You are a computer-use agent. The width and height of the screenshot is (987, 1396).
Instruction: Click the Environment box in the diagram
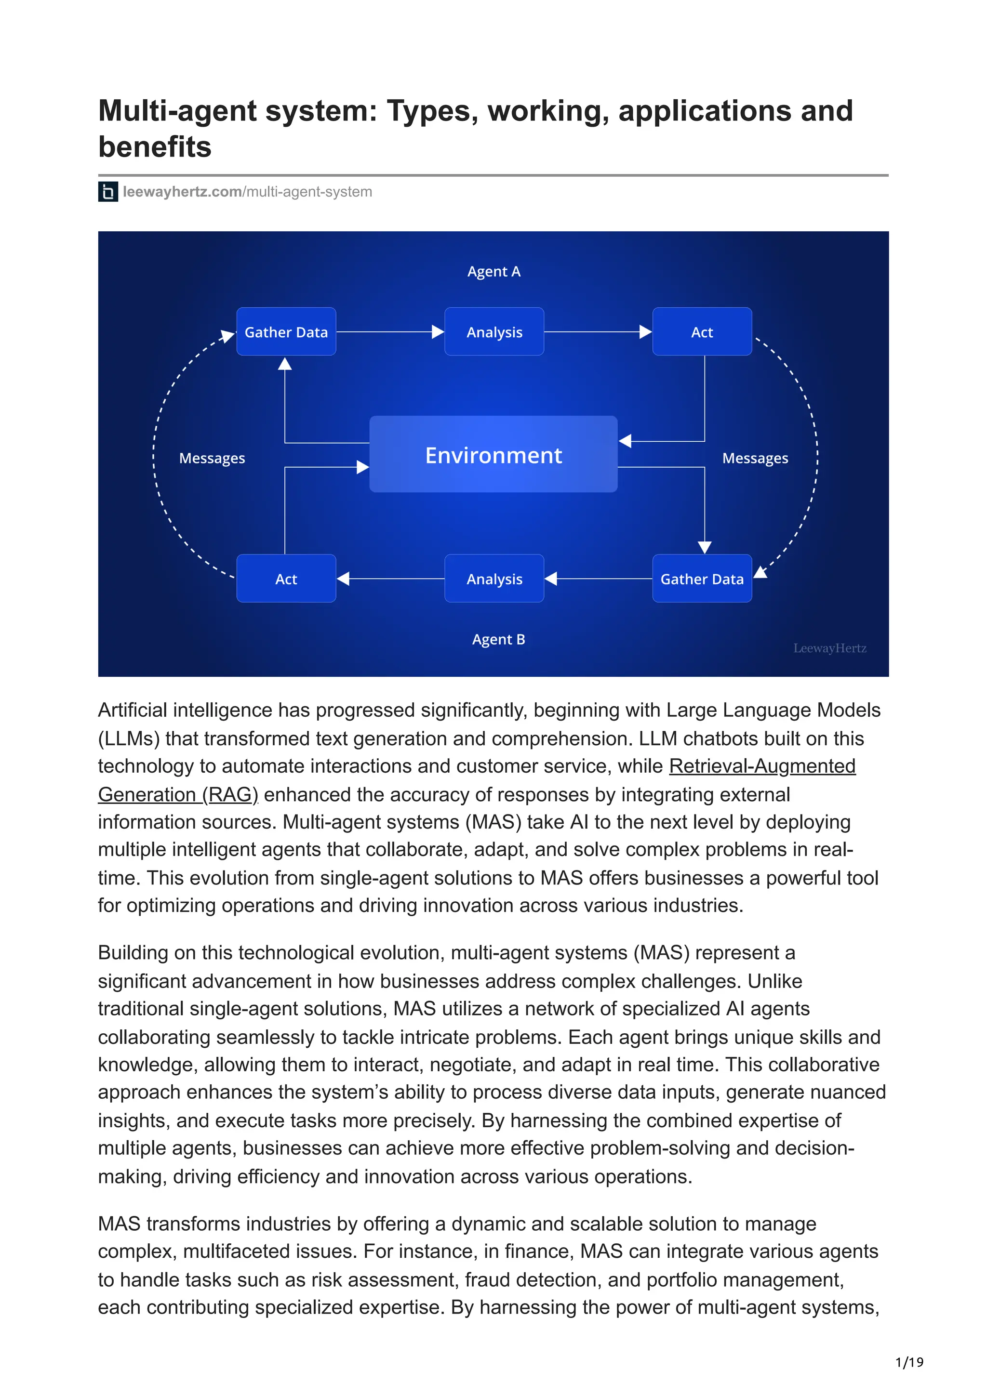[493, 454]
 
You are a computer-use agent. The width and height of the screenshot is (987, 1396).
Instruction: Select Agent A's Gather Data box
[286, 332]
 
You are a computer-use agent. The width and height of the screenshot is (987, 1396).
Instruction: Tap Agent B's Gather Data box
[702, 579]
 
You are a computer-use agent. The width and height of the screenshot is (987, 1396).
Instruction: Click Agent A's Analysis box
[494, 332]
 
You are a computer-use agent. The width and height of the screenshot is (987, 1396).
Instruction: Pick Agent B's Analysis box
[494, 579]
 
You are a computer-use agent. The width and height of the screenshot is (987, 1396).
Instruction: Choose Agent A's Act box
[702, 332]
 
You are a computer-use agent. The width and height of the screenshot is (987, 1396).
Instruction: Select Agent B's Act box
[286, 579]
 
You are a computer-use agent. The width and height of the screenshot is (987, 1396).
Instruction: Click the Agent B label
[498, 640]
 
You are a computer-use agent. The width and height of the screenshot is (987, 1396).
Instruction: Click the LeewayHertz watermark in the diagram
[829, 648]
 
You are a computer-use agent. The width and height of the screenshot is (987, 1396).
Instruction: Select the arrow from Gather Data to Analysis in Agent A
[390, 332]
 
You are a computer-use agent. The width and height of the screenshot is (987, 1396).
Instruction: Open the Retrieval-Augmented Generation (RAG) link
[762, 766]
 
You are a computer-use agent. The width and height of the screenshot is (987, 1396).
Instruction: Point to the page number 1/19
[909, 1362]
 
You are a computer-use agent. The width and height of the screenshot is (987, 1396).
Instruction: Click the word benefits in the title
[155, 147]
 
